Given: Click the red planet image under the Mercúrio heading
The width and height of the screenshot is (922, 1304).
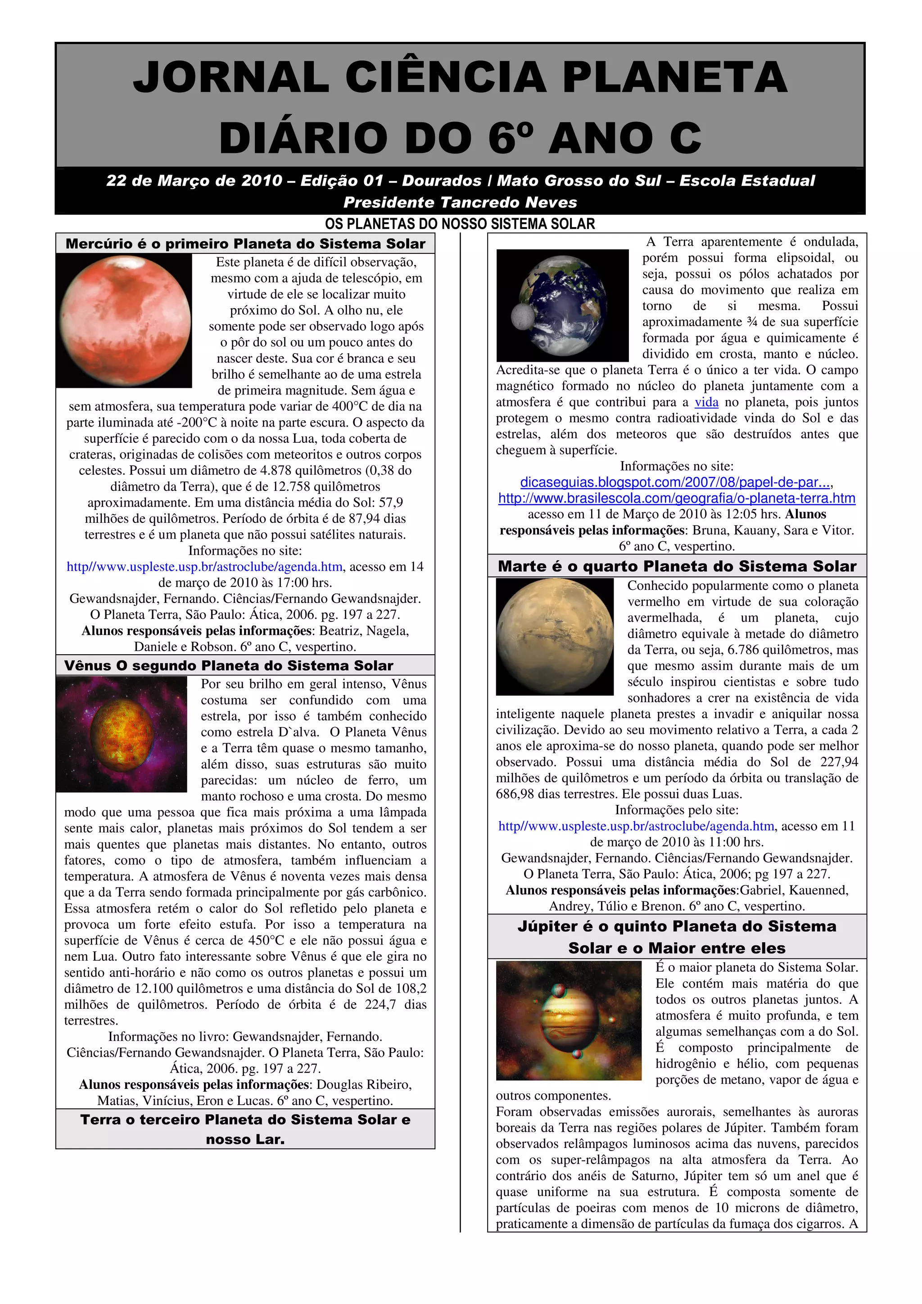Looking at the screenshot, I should pos(124,320).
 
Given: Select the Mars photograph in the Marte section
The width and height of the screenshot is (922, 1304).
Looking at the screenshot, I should pos(555,636).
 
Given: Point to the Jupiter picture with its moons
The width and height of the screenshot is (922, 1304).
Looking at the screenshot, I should pos(568,1020).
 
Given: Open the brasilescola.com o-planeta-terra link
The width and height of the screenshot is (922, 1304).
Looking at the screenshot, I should pos(677,498).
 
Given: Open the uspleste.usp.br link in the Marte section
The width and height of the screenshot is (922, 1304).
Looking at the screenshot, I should pos(636,826).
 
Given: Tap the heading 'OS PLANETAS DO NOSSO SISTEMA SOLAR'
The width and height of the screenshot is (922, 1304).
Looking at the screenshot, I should pos(460,224).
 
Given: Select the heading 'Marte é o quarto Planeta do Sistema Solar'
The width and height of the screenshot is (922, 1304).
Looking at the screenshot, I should pos(677,566).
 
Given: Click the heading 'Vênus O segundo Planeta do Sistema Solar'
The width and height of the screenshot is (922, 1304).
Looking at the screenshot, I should pos(228,665).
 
